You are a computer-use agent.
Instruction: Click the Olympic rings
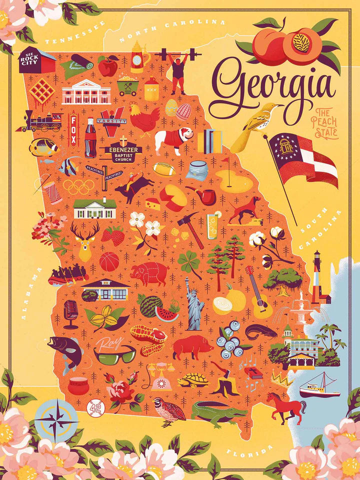(78, 186)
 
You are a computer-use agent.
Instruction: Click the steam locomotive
(42, 121)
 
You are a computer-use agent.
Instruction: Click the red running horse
(286, 407)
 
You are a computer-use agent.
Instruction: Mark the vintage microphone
(70, 312)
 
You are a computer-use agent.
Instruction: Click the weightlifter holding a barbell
(178, 70)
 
